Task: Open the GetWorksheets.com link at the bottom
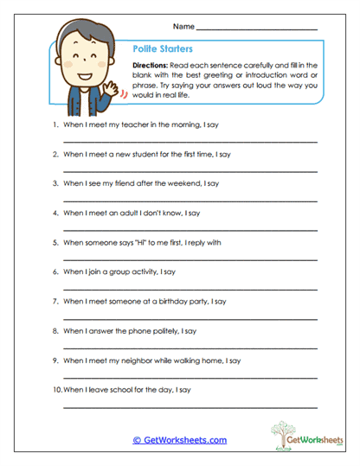[x=180, y=440]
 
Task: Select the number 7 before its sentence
[x=55, y=302]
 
